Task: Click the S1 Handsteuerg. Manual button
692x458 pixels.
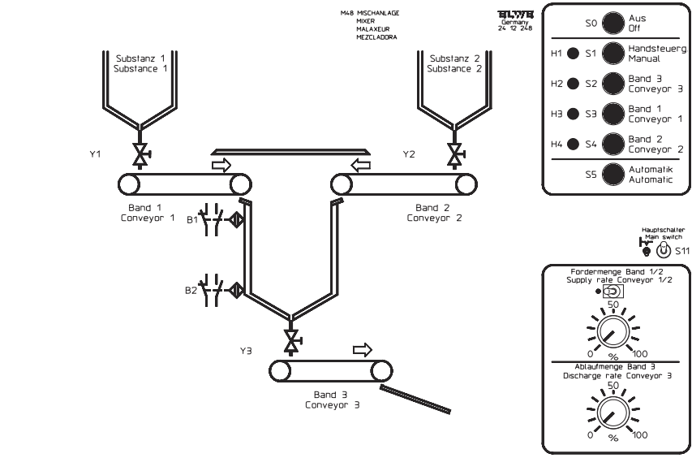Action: click(612, 54)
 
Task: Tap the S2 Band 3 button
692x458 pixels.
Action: click(612, 84)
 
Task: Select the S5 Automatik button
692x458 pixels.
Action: click(612, 175)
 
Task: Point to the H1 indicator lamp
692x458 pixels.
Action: click(573, 54)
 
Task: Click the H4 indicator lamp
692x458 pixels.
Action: click(573, 145)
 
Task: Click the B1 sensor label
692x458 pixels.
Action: click(192, 219)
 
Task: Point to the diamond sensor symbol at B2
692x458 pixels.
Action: click(235, 288)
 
